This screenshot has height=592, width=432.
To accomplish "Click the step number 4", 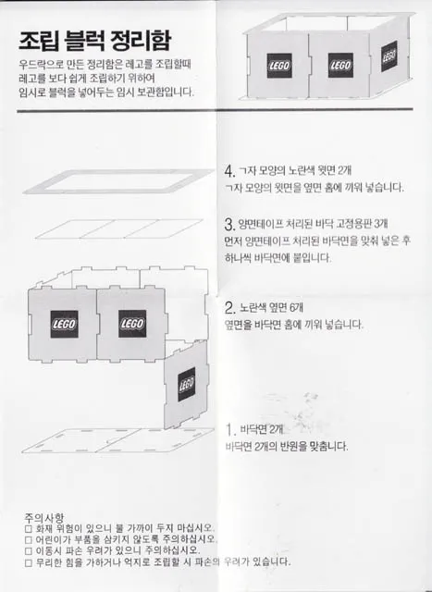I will click(x=229, y=172).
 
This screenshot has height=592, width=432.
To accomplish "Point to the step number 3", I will click(x=228, y=225).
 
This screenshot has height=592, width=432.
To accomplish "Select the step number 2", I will click(x=229, y=308).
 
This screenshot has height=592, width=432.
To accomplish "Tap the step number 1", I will click(x=230, y=430).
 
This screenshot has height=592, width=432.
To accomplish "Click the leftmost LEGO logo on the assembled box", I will click(x=278, y=64).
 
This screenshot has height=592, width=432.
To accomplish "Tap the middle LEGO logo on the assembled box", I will click(x=339, y=64).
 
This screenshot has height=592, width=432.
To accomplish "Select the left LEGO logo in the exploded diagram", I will click(x=64, y=323).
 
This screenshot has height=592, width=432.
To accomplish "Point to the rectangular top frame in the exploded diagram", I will click(x=119, y=179).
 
